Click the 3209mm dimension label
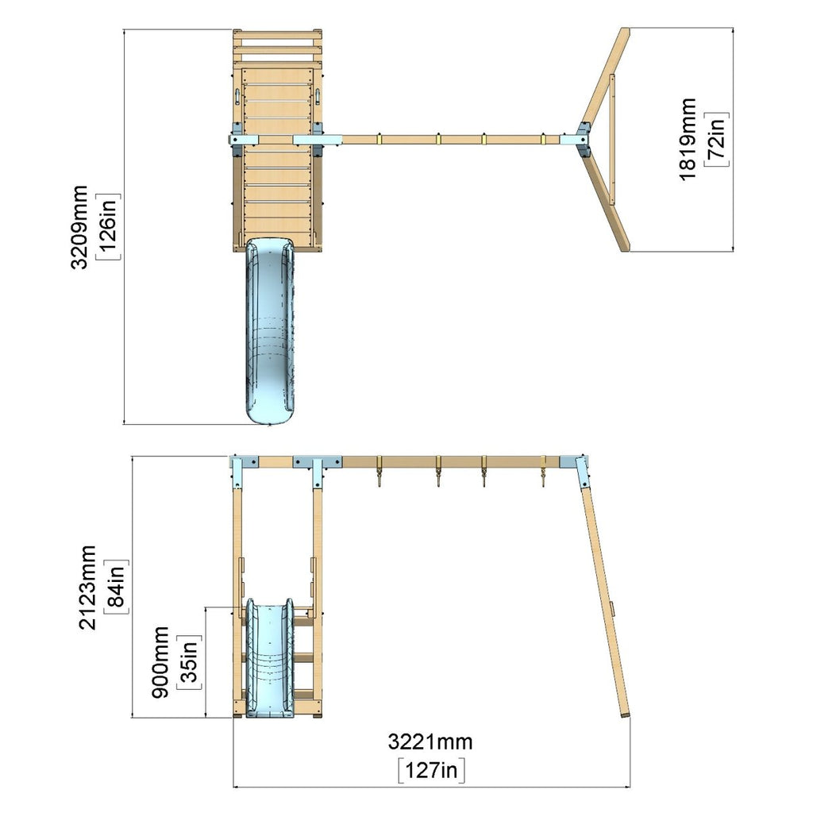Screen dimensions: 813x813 79,226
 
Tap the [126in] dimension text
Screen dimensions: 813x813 110,226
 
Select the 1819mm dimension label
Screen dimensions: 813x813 688,139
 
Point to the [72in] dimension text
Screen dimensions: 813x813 717,139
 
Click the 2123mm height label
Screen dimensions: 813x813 87,587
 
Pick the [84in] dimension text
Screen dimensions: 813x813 117,587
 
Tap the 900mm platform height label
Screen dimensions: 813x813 160,662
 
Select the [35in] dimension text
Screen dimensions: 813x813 189,662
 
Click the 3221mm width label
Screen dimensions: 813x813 430,742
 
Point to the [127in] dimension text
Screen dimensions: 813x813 431,770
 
